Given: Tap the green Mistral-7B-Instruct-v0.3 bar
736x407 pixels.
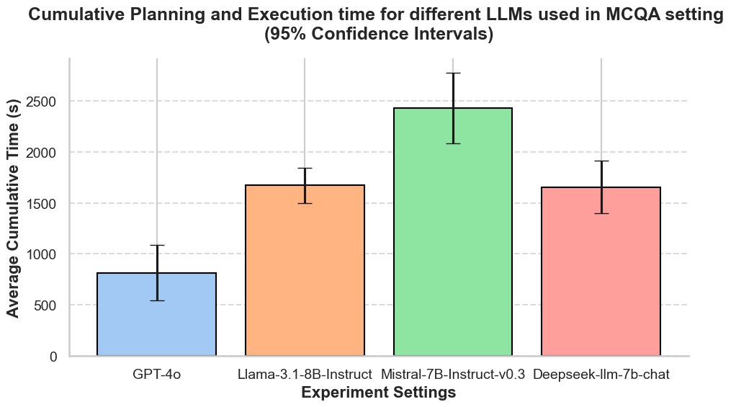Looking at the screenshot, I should point(452,238).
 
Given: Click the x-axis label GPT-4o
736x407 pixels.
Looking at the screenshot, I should point(156,375).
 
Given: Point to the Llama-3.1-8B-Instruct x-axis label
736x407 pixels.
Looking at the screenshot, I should point(305,375).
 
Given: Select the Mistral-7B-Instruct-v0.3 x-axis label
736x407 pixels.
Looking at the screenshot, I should point(452,375).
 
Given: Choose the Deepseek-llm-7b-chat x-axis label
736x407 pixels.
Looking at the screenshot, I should point(601,375).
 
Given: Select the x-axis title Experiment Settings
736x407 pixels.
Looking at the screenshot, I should point(378,393).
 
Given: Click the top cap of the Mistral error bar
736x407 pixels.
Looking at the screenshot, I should point(452,73).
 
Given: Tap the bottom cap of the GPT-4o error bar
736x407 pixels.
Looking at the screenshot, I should point(156,300).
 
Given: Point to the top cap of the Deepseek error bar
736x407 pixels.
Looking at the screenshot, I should point(601,161).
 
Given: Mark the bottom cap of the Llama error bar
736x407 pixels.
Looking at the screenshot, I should point(305,203).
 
